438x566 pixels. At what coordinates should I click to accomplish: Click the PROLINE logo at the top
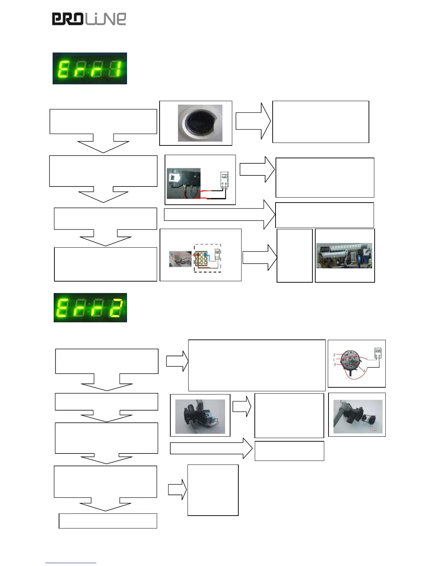89,19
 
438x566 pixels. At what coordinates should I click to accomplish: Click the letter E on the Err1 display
63,69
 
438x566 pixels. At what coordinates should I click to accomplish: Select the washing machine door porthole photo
200,123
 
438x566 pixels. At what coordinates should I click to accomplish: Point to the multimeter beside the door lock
224,180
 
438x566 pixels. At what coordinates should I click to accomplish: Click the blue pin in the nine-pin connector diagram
205,255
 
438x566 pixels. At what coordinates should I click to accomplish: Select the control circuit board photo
344,255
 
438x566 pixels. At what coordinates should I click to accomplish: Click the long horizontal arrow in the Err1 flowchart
219,214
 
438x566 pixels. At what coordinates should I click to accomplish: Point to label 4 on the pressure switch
364,371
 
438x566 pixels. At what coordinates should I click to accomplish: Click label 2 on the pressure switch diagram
334,355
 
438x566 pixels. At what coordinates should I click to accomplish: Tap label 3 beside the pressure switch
335,364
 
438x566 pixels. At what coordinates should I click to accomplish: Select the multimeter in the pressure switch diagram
378,353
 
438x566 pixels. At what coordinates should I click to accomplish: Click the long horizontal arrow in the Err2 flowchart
211,448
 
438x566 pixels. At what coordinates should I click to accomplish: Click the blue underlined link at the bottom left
70,563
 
